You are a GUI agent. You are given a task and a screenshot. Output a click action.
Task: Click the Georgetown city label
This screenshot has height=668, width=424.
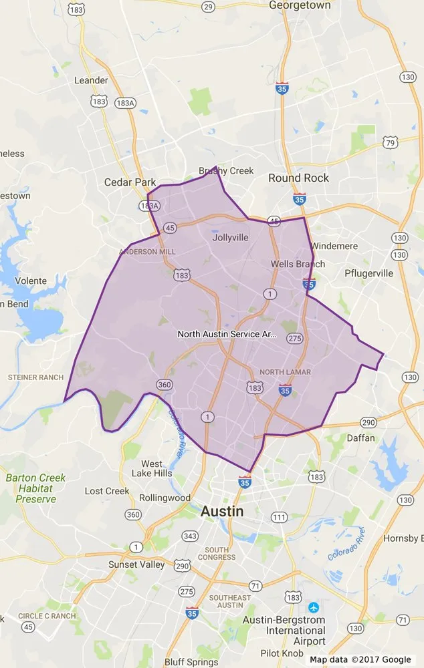(300, 5)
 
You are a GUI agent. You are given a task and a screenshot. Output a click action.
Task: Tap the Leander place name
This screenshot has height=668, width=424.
(91, 81)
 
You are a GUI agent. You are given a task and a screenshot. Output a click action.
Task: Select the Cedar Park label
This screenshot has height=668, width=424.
(130, 182)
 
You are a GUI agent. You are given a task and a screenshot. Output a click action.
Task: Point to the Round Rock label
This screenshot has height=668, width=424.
(298, 178)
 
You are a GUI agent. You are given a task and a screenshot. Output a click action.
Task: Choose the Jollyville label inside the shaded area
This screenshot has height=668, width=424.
(230, 237)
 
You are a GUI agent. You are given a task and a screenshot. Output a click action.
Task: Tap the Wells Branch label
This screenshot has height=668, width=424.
(298, 264)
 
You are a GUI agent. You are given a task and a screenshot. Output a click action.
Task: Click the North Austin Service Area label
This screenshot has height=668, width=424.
(227, 333)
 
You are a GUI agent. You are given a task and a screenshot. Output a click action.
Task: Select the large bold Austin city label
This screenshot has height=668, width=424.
(222, 512)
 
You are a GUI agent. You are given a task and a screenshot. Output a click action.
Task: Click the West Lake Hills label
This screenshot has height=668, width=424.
(152, 469)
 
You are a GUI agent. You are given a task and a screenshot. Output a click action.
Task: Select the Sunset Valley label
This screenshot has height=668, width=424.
(136, 564)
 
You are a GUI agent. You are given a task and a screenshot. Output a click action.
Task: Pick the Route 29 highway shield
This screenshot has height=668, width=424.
(208, 7)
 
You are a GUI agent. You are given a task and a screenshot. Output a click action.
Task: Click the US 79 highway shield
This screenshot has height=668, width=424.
(391, 142)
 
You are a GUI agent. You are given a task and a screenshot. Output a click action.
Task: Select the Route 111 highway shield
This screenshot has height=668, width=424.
(278, 518)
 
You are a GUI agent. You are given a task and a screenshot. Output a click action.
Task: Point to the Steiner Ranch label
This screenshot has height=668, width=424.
(35, 377)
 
